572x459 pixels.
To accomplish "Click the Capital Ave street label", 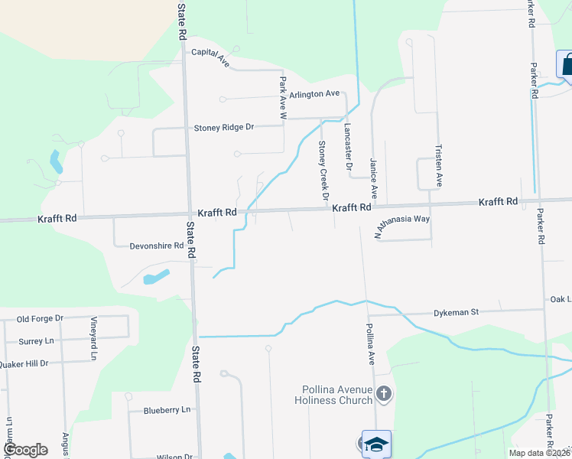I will [x=210, y=54].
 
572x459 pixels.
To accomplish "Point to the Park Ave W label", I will [x=282, y=97].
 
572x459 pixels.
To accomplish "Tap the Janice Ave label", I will [x=374, y=177].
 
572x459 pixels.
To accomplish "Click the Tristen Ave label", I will [x=439, y=165].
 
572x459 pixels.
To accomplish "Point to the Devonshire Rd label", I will [x=157, y=246].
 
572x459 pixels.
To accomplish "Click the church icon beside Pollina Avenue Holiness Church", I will [x=384, y=394].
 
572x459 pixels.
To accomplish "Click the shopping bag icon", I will [x=566, y=66].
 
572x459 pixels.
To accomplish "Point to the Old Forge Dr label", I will [x=40, y=318].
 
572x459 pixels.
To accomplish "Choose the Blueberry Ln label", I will [x=167, y=410].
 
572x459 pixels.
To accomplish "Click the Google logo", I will [x=25, y=450].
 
